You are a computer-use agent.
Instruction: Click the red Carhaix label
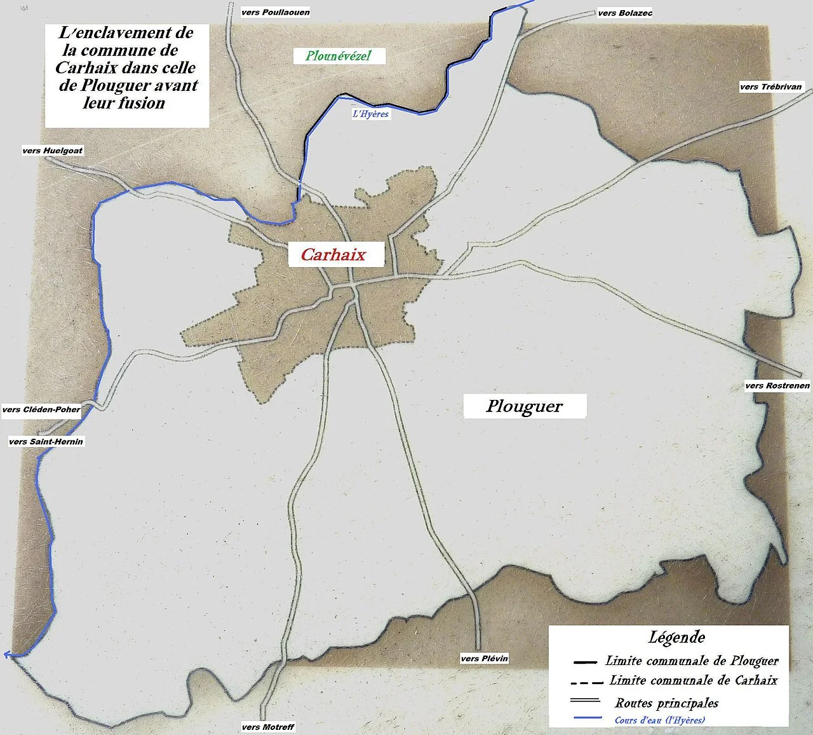[x=333, y=254]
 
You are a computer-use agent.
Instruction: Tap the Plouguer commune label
[x=525, y=406]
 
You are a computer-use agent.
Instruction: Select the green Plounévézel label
[x=338, y=55]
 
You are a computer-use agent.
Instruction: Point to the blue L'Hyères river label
[x=371, y=114]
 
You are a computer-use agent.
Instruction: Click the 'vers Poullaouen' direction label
[x=276, y=12]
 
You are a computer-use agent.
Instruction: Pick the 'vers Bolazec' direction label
[x=625, y=13]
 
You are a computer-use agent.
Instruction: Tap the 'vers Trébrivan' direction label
[x=771, y=86]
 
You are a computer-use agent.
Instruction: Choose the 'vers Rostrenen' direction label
[x=777, y=385]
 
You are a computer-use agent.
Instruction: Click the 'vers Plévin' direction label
[x=485, y=658]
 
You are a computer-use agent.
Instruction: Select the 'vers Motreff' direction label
[x=268, y=727]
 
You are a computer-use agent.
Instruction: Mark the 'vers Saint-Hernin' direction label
[x=46, y=441]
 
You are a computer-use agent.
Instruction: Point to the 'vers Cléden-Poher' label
[x=41, y=409]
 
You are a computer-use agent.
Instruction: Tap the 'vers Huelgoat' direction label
[x=52, y=151]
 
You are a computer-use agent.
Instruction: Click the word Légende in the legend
[x=677, y=636]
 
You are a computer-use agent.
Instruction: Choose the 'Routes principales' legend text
[x=666, y=703]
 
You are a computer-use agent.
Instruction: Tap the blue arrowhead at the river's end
[x=8, y=654]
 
